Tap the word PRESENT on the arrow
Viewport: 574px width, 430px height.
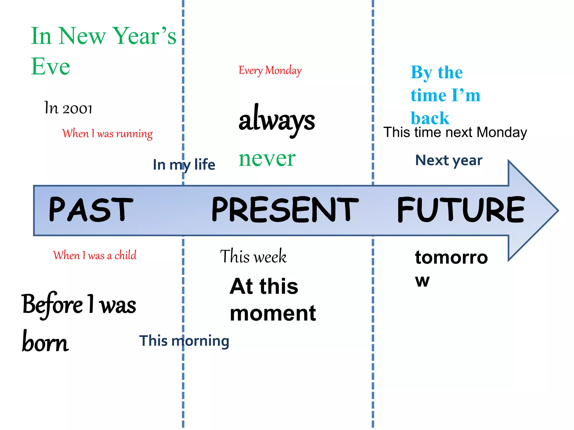pyautogui.click(x=285, y=209)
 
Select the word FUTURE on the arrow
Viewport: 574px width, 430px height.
pyautogui.click(x=460, y=209)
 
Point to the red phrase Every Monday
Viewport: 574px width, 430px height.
pyautogui.click(x=270, y=70)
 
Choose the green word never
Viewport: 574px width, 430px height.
pyautogui.click(x=267, y=159)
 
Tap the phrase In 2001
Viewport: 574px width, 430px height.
pyautogui.click(x=68, y=108)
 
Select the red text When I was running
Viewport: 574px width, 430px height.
pyautogui.click(x=107, y=134)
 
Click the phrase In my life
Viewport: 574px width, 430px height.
pyautogui.click(x=184, y=165)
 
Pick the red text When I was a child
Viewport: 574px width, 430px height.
pyautogui.click(x=95, y=255)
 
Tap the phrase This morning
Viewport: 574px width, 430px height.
pyautogui.click(x=184, y=341)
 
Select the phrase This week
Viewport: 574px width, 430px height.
pyautogui.click(x=253, y=256)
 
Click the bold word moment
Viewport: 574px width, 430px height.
pyautogui.click(x=273, y=314)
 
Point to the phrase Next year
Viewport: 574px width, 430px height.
pyautogui.click(x=449, y=160)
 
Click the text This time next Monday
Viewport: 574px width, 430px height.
pyautogui.click(x=455, y=132)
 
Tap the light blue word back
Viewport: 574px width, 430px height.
pyautogui.click(x=430, y=118)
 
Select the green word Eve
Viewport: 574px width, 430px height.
pyautogui.click(x=50, y=66)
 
